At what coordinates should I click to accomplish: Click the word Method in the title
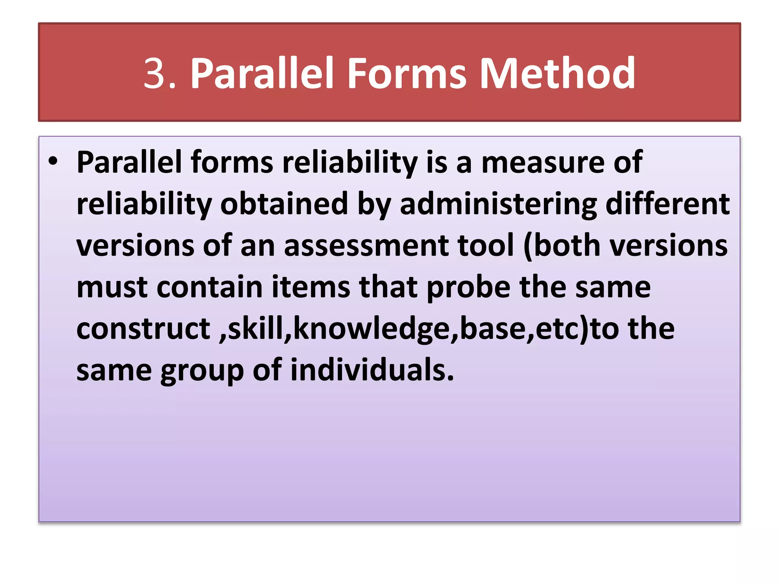tap(557, 73)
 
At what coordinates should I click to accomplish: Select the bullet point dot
tap(53, 161)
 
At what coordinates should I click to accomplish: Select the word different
tap(667, 204)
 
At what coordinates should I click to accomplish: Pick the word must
tap(112, 287)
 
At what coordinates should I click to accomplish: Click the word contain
tap(210, 287)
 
